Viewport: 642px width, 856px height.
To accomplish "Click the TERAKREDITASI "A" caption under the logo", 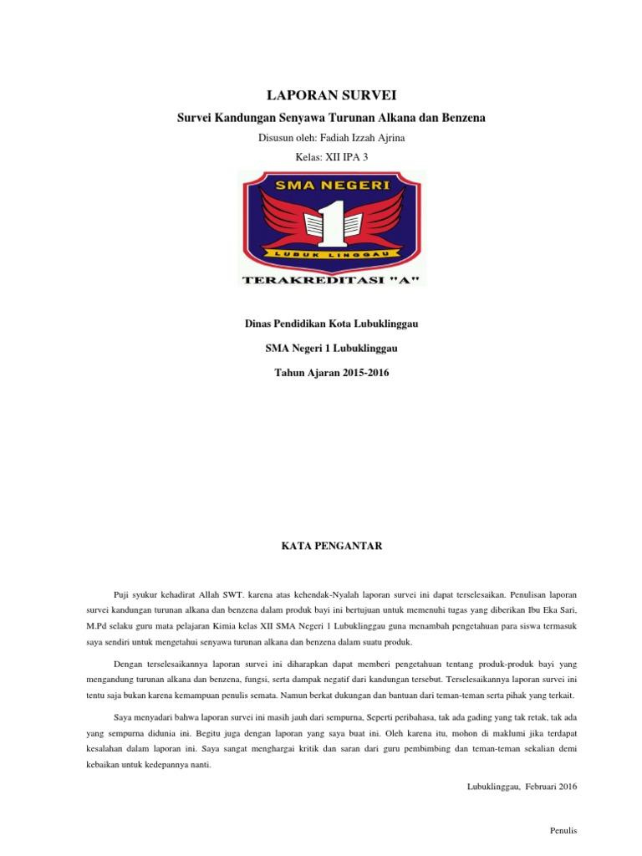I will click(x=332, y=279).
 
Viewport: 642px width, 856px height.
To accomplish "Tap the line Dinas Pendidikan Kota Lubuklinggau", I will click(x=332, y=324).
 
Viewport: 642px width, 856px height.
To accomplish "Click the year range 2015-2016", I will click(x=364, y=372).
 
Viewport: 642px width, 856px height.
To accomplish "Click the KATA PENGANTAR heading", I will click(x=331, y=546).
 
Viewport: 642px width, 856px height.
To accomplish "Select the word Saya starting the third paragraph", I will click(x=122, y=716).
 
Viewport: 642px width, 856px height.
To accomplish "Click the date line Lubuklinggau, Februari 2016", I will click(x=522, y=786).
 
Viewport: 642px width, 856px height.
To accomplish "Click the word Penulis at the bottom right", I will click(x=563, y=830).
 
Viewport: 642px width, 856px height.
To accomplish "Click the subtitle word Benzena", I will click(x=460, y=118).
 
